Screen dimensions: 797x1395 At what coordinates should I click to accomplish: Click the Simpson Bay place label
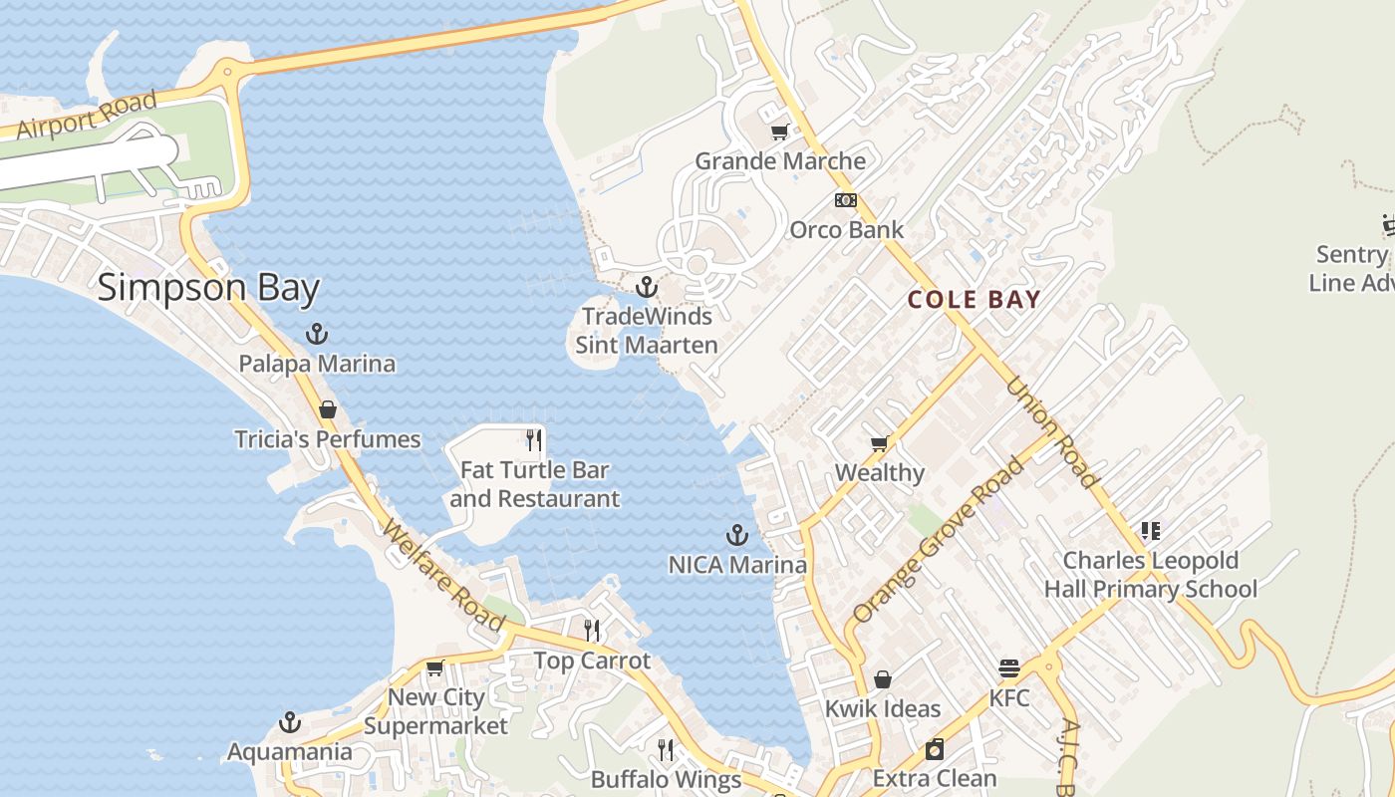pyautogui.click(x=208, y=289)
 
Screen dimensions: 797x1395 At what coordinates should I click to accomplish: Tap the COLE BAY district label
pyautogui.click(x=974, y=299)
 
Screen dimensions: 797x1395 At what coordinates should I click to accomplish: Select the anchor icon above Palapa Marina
pyautogui.click(x=317, y=334)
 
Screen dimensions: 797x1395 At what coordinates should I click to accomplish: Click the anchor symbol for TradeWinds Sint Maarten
pyautogui.click(x=647, y=287)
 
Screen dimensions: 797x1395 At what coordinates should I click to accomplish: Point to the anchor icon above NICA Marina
pyautogui.click(x=737, y=536)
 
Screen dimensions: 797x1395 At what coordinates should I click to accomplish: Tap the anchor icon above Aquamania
pyautogui.click(x=290, y=722)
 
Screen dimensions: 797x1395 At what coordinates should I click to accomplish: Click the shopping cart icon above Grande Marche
pyautogui.click(x=780, y=132)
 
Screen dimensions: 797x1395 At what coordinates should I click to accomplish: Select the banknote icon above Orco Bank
pyautogui.click(x=846, y=200)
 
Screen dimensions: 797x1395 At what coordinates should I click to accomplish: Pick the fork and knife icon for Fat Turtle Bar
pyautogui.click(x=534, y=439)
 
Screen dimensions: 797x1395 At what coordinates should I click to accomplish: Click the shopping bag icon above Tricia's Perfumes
pyautogui.click(x=327, y=409)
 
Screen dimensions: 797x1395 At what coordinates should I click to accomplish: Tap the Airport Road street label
pyautogui.click(x=87, y=115)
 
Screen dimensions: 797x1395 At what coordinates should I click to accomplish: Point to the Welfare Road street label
pyautogui.click(x=444, y=578)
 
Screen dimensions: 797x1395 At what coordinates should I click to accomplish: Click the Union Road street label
pyautogui.click(x=1052, y=432)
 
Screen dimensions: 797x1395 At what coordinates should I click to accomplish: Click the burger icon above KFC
pyautogui.click(x=1009, y=668)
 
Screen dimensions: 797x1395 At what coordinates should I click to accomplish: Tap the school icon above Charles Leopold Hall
pyautogui.click(x=1151, y=531)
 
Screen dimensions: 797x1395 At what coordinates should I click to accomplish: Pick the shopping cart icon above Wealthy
pyautogui.click(x=879, y=443)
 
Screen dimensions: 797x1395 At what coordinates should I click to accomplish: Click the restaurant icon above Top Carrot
pyautogui.click(x=592, y=630)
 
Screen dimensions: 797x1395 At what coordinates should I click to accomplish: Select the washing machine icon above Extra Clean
pyautogui.click(x=935, y=749)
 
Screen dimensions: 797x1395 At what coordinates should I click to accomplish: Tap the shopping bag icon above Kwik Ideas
pyautogui.click(x=882, y=679)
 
